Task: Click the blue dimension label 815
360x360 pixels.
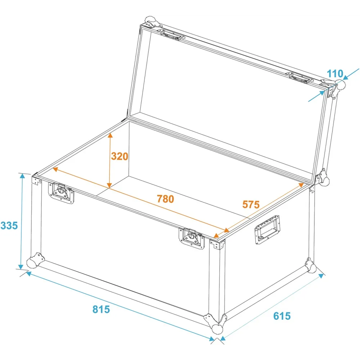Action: click(x=101, y=309)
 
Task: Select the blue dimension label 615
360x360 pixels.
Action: click(x=282, y=316)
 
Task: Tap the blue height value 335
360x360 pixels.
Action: click(x=9, y=225)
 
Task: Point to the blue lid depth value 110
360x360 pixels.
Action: click(x=335, y=74)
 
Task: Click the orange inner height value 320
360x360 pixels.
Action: click(x=120, y=156)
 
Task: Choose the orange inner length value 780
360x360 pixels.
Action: click(x=165, y=199)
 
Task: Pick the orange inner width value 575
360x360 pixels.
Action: click(x=251, y=204)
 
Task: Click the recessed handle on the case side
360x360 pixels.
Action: click(x=267, y=230)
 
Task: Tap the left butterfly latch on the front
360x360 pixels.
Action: click(x=61, y=193)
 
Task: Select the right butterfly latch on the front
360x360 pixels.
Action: click(x=192, y=238)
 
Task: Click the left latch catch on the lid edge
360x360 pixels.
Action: click(x=173, y=35)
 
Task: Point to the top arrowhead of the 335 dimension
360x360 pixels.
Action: click(x=22, y=176)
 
